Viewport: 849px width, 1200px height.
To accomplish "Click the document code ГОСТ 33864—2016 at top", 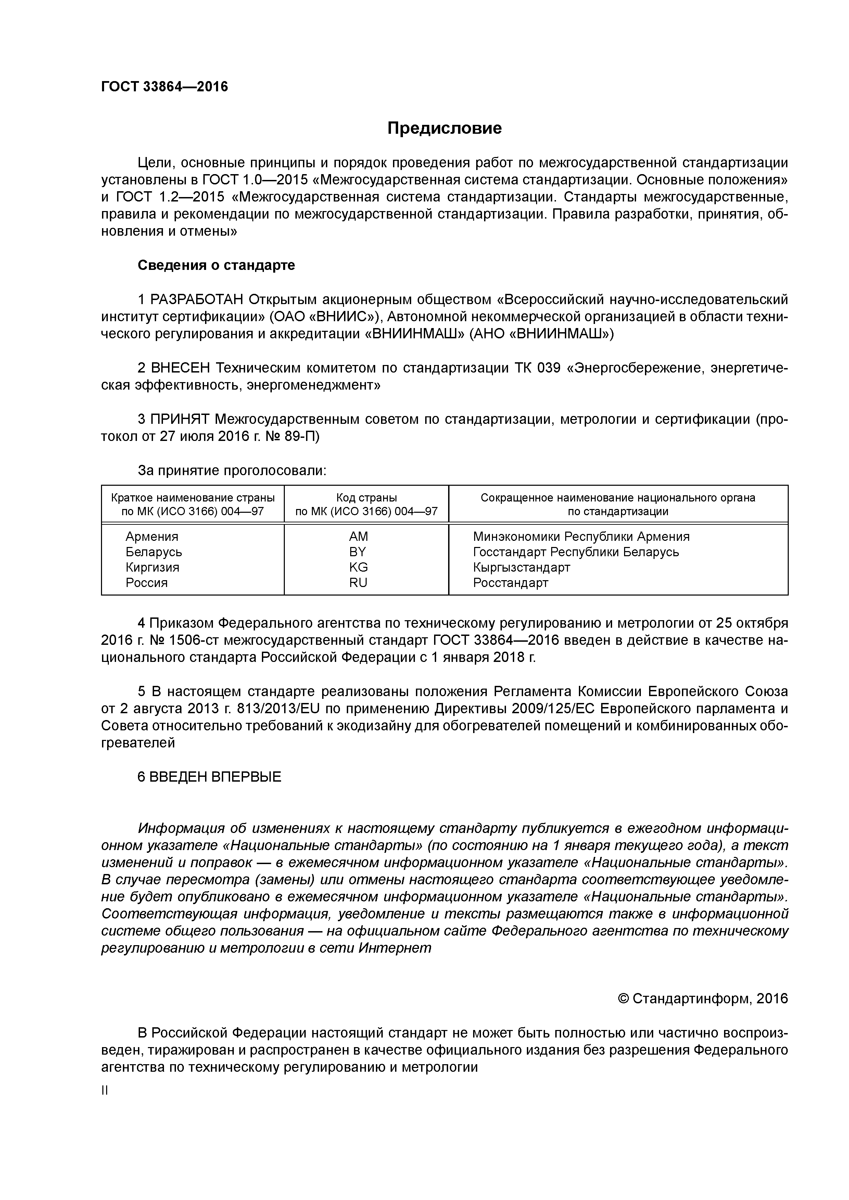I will point(164,87).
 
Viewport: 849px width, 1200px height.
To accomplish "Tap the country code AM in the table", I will point(358,536).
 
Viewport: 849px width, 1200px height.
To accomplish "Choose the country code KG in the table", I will point(358,567).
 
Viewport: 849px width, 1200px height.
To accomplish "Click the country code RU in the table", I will point(358,583).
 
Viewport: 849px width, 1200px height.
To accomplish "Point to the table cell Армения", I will point(152,537).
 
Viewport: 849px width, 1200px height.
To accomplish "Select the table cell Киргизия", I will point(152,568).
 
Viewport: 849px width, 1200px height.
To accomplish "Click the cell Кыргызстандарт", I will point(521,568).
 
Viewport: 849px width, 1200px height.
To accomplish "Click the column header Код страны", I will point(366,498).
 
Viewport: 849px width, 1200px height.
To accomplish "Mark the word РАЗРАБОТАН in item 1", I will point(197,299).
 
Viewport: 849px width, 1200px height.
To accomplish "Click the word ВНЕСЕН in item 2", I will point(180,368).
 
